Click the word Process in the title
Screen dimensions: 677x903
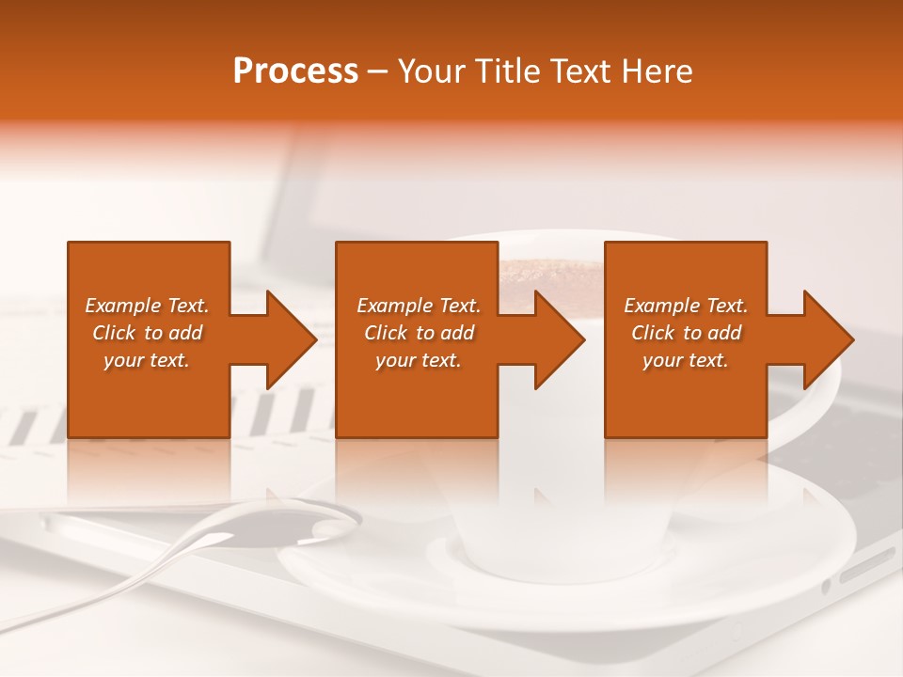pos(295,71)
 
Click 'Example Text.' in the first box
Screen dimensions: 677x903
pos(147,306)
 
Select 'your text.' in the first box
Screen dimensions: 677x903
pos(147,360)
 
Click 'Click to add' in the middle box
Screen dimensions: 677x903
pos(419,333)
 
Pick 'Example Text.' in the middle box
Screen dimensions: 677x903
pos(419,306)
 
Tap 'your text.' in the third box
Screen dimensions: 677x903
pos(686,360)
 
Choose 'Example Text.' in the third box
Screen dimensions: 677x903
pos(686,306)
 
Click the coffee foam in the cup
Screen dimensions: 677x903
pos(546,274)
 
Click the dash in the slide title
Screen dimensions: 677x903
pos(378,71)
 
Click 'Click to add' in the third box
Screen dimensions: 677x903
pos(686,333)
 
